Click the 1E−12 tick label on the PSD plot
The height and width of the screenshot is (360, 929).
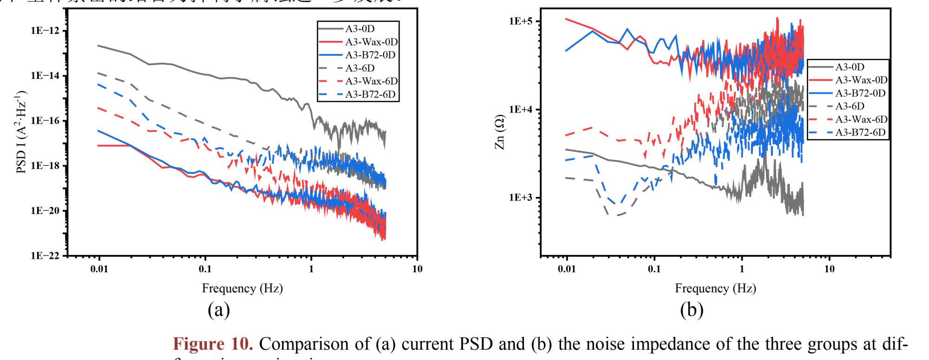45,31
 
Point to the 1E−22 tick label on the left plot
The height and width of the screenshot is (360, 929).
45,255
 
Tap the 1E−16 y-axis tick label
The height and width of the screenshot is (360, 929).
45,121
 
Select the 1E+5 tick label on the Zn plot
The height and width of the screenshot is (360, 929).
521,21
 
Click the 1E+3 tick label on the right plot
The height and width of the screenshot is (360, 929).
521,197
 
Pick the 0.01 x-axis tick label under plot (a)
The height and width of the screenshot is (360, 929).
99,269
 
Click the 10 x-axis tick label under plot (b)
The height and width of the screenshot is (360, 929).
829,269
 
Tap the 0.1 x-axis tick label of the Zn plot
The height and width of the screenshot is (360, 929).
654,269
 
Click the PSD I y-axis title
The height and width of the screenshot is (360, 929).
21,132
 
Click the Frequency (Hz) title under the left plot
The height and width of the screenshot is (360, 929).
242,288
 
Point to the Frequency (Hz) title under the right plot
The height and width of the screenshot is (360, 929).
715,288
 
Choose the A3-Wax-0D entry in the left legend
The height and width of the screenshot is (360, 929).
371,42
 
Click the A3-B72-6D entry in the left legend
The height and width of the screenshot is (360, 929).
370,94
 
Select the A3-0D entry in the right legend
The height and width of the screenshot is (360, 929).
850,67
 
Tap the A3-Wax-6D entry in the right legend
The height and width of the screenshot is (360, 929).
861,119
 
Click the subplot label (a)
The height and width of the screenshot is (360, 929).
219,309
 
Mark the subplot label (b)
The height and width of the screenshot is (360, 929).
692,309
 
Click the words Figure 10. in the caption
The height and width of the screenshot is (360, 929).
213,344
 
